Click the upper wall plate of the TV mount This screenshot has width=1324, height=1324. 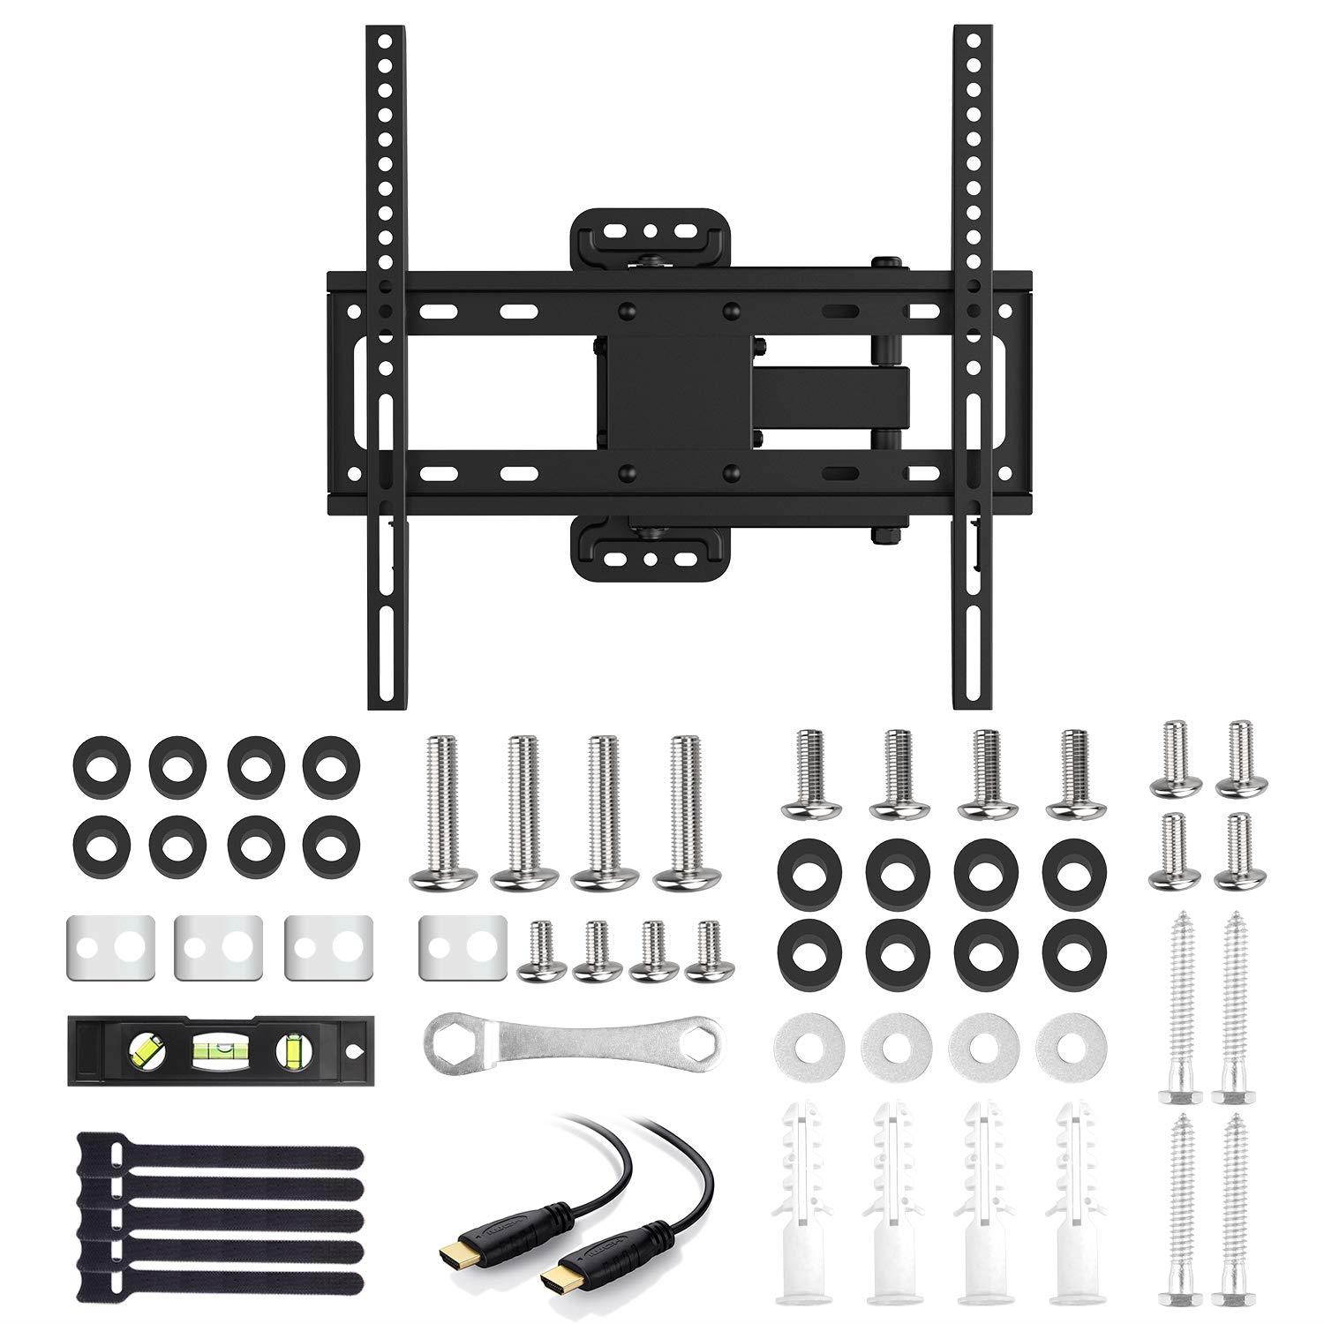(650, 232)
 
